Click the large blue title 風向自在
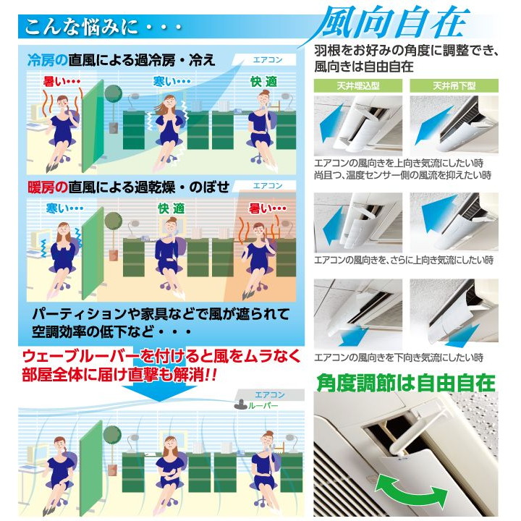[392, 22]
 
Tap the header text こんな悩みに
[81, 27]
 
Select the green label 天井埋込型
[358, 86]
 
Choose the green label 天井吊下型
[454, 86]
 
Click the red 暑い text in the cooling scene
[62, 81]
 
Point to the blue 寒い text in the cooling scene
[171, 81]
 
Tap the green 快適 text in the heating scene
[171, 208]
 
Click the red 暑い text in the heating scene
[268, 208]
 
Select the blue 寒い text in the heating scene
[65, 208]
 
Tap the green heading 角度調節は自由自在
[406, 383]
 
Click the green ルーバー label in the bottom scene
[263, 406]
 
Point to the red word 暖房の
[48, 187]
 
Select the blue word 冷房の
[48, 61]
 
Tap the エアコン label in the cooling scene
[268, 60]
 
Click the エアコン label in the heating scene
[268, 186]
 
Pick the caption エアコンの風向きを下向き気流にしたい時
[399, 358]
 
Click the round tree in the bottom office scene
[112, 434]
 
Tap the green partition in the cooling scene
[93, 126]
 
